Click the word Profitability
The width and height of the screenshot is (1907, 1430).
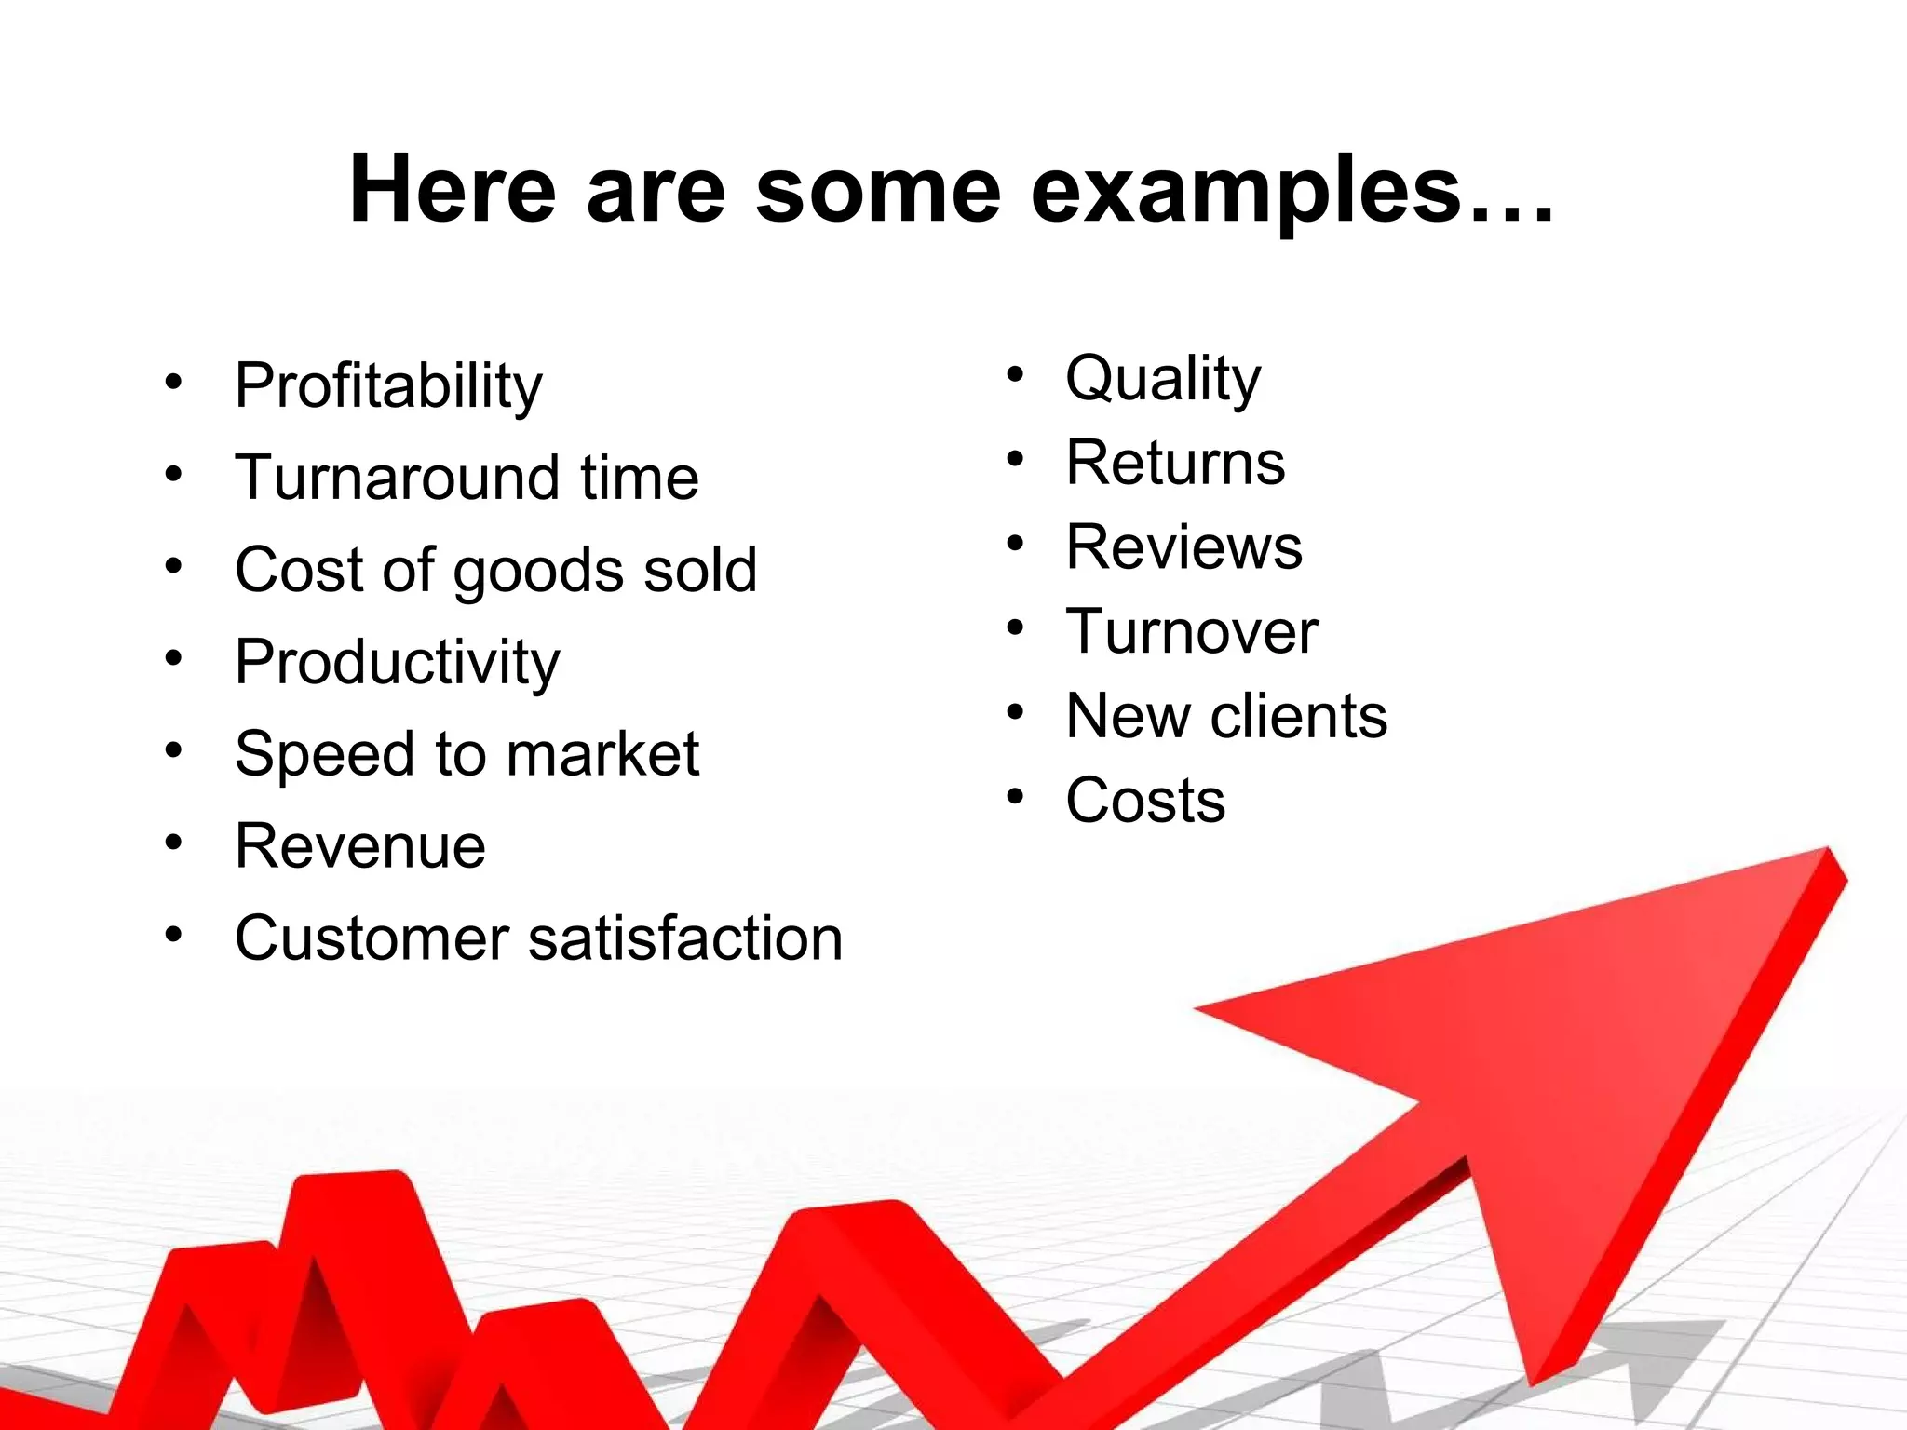[x=388, y=385]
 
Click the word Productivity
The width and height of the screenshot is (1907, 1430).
[x=398, y=662]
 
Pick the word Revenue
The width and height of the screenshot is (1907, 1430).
[x=360, y=845]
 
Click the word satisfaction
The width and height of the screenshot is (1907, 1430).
[x=685, y=938]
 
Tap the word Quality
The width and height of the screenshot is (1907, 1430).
[x=1163, y=379]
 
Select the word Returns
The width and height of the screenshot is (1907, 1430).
[x=1175, y=463]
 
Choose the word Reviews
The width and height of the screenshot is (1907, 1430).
[x=1183, y=546]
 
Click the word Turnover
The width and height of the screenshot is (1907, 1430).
[x=1192, y=631]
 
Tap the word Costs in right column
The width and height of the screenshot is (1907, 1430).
[x=1145, y=801]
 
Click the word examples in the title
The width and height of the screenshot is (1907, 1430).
[x=1247, y=191]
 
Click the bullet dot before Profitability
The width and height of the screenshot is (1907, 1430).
[x=173, y=382]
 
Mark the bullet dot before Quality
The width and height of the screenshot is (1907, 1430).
[x=1015, y=375]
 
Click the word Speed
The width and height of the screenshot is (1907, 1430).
[x=324, y=754]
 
